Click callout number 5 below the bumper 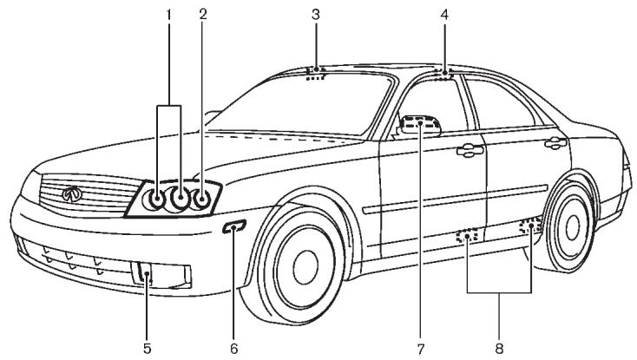click(146, 348)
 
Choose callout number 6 click(234, 348)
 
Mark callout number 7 click(420, 348)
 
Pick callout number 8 click(499, 348)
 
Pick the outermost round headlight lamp click(202, 200)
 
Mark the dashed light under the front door click(469, 235)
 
